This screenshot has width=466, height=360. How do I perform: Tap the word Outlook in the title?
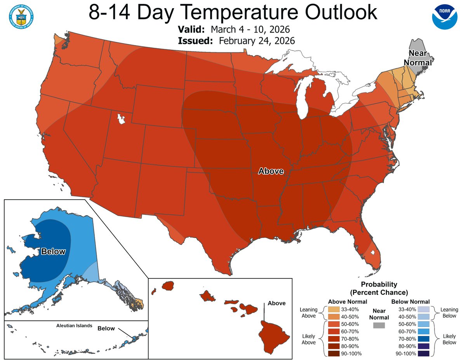[340, 13]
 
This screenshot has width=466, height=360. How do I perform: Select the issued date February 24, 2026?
[256, 40]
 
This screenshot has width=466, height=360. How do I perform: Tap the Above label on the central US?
[271, 171]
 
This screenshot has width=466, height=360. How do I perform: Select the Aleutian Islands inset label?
[73, 325]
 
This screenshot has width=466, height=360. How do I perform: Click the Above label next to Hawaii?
[276, 303]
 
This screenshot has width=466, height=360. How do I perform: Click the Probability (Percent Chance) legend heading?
[379, 288]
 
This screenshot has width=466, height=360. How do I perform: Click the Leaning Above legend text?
[309, 313]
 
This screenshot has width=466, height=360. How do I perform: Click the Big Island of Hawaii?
[274, 334]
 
